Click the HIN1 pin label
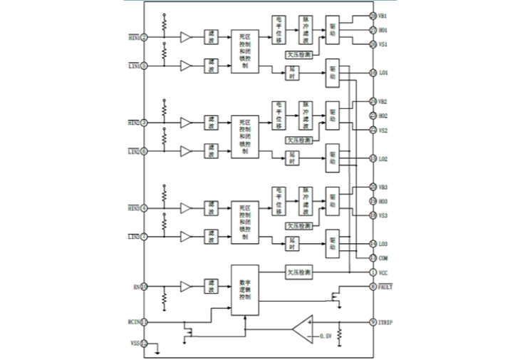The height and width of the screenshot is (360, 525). point(133,37)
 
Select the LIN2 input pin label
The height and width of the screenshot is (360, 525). point(133,152)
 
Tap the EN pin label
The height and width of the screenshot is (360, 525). point(137,287)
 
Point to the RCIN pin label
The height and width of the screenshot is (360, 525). point(132,322)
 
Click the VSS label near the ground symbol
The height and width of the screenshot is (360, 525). point(134,344)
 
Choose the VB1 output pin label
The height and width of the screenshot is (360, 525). point(383,16)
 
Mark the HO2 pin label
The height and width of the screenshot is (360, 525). point(383,115)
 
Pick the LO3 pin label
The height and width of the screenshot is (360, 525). point(383,244)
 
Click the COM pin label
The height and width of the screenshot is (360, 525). point(383,258)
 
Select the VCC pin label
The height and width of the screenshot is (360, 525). point(383,272)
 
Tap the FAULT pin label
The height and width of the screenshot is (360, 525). point(386,287)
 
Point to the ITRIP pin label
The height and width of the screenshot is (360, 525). point(386,322)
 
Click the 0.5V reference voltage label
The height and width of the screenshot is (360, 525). point(326,335)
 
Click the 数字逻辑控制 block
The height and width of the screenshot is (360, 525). point(244,290)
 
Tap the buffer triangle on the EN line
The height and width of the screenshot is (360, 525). point(186,287)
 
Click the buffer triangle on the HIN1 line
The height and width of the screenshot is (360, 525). point(186,37)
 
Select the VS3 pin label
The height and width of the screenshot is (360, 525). point(383,215)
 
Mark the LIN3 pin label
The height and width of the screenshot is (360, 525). point(133,237)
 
